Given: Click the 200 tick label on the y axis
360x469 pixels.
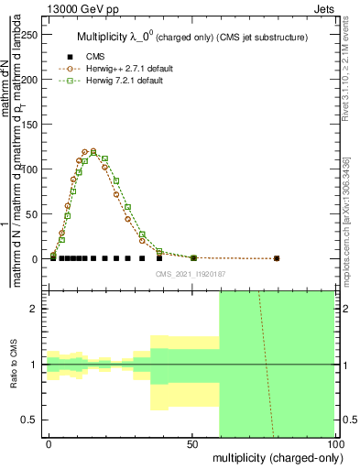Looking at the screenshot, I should pos(33,80).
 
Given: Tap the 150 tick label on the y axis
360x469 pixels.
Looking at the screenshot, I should pos(33,125).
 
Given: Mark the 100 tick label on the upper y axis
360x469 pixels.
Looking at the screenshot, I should pos(33,169).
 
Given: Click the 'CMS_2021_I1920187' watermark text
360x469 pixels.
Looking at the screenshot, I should pos(191,273).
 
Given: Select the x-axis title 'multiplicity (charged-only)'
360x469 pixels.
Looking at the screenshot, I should pos(274,456).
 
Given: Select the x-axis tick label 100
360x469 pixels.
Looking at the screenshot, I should pos(335,443).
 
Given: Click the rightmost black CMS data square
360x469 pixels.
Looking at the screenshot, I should pos(277,258).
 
